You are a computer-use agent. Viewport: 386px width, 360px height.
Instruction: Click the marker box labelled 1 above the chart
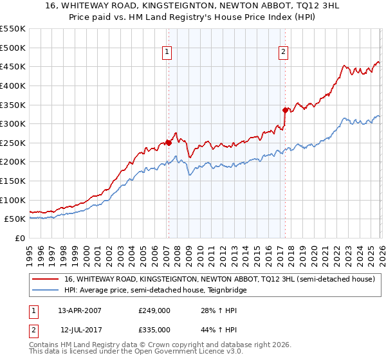[167, 53]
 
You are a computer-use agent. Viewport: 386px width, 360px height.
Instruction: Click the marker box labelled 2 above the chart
[284, 53]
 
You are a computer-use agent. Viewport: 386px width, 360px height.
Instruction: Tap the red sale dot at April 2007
[169, 143]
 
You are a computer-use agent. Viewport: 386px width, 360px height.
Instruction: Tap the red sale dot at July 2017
[285, 110]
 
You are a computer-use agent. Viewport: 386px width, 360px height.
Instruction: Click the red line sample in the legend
[46, 279]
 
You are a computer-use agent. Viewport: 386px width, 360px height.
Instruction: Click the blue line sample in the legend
[46, 290]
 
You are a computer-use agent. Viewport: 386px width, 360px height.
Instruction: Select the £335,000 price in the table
[154, 329]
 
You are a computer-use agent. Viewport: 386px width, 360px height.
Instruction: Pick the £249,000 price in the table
[154, 310]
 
